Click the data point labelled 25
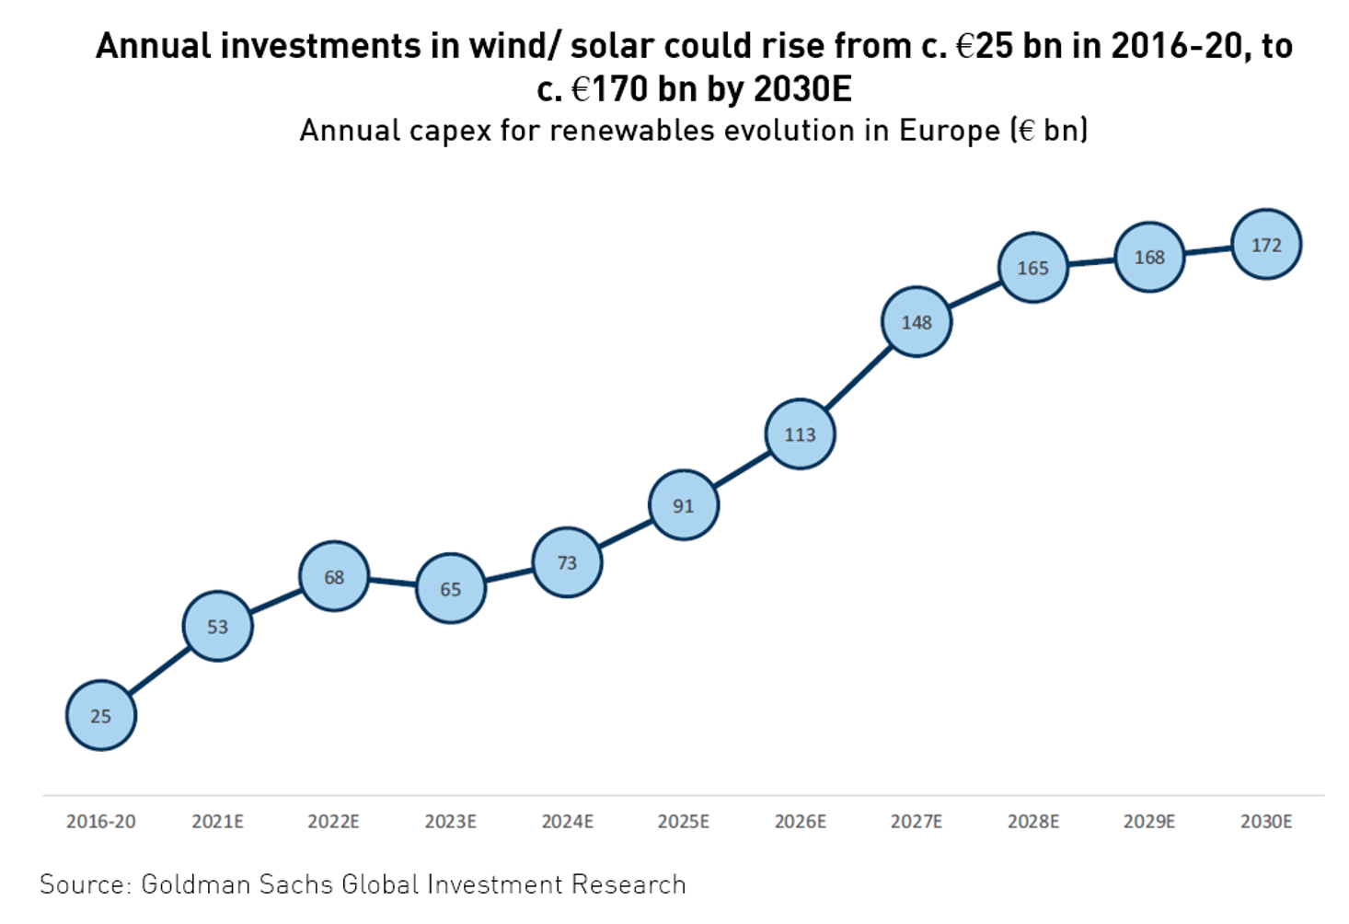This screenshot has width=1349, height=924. coord(101,715)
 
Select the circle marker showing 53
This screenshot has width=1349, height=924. coord(217,626)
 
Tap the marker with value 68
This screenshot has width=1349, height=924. coord(334,576)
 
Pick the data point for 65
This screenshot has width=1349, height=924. coord(450,588)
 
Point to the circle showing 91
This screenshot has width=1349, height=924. coord(683,505)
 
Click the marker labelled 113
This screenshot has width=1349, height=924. coord(800,434)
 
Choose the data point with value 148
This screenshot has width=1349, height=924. coord(917,322)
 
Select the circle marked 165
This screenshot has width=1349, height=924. coord(1032,268)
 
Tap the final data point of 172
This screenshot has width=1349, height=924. coord(1266,245)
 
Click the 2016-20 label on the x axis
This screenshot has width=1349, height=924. coord(101,821)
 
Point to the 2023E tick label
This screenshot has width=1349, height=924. coord(450,821)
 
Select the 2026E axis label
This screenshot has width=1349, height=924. coord(800,821)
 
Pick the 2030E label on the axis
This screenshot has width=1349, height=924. coord(1266,821)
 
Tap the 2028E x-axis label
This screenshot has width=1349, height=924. coord(1032,821)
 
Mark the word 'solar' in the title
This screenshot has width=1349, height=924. coord(611,45)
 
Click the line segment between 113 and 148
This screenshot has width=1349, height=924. coord(858,378)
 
